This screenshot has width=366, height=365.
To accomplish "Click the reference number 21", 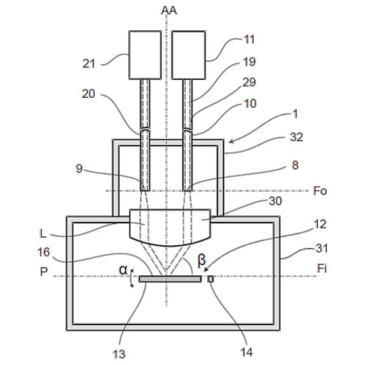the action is click(89, 64).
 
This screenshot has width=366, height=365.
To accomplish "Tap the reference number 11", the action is click(250, 39).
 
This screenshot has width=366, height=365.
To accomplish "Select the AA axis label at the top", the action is click(169, 11).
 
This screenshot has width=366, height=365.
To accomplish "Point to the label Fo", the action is click(320, 191).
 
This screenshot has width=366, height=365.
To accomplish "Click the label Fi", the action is click(321, 268).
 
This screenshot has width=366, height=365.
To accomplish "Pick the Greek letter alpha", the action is click(123, 270).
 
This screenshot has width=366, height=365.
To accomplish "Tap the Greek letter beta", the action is click(201, 260).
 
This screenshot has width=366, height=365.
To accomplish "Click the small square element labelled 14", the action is click(211, 279).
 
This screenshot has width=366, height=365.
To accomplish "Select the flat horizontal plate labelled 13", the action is click(171, 279).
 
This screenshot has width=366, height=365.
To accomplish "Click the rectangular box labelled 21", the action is click(145, 55).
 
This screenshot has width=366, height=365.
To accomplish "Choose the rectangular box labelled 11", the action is click(188, 55).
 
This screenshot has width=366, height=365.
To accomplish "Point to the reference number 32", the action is click(296, 137).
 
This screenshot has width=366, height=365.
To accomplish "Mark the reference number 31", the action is click(321, 249).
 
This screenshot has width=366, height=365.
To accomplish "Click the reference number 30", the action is click(275, 201).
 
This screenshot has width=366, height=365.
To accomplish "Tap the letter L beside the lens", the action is click(42, 234).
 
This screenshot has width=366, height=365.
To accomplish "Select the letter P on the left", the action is click(43, 271).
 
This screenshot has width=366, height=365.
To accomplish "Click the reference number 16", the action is click(44, 252).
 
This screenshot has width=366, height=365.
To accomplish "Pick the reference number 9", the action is click(79, 168).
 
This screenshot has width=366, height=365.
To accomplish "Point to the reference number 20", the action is click(88, 94).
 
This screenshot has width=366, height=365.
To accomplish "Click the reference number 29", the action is click(250, 82).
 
